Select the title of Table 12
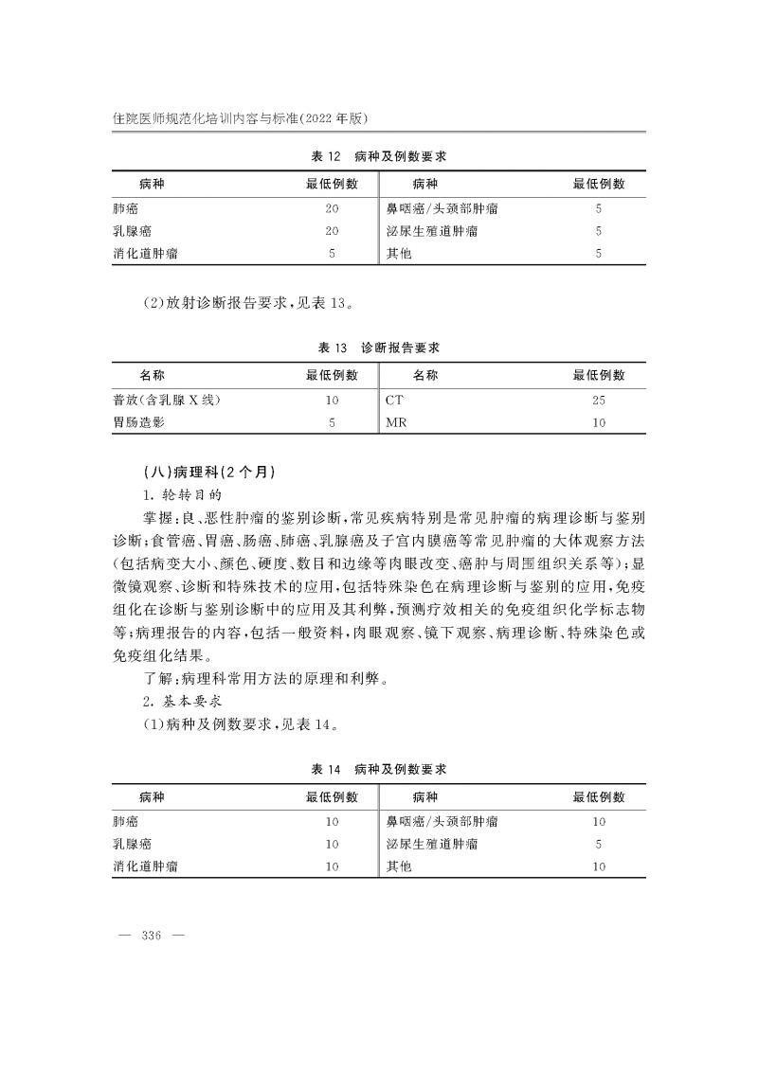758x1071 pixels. [379, 156]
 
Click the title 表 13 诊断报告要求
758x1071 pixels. [379, 348]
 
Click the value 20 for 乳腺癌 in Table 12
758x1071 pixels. [332, 231]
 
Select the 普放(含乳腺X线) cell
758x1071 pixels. [167, 400]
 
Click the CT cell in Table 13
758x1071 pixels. [395, 400]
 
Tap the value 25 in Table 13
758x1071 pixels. [598, 400]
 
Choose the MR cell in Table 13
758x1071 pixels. [396, 422]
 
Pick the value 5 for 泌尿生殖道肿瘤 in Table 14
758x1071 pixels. [598, 843]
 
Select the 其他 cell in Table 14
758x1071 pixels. [398, 866]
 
